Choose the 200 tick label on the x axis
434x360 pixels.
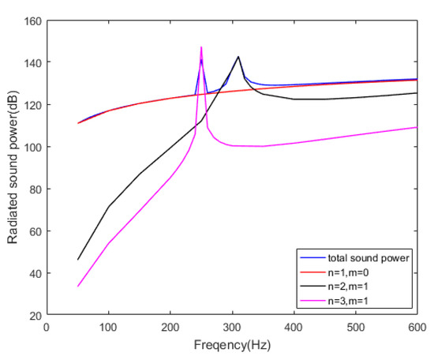(x=170, y=327)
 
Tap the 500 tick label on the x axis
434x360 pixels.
(x=355, y=327)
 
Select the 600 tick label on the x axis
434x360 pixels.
(x=417, y=327)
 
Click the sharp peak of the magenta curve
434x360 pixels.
(x=201, y=47)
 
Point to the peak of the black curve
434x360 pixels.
(x=238, y=56)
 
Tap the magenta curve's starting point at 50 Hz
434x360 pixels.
(x=77, y=287)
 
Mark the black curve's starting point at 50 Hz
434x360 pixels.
(x=77, y=260)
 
